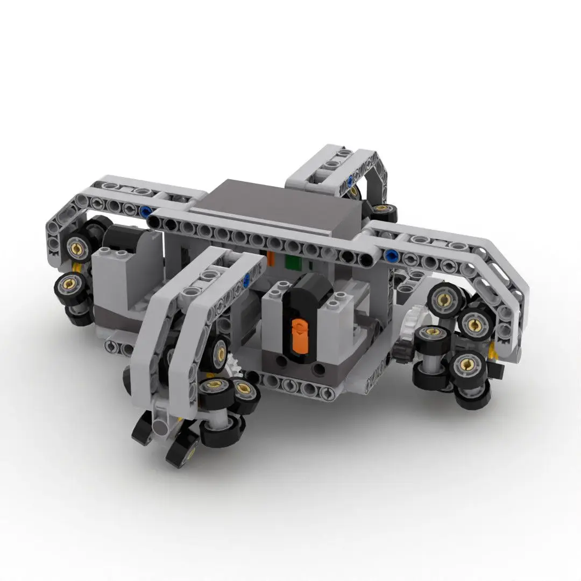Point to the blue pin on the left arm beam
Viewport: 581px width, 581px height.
tap(146, 211)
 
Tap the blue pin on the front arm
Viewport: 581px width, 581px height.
tap(247, 278)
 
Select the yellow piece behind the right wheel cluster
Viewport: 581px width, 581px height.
tap(492, 353)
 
